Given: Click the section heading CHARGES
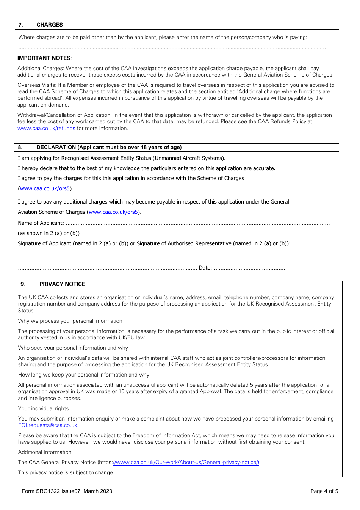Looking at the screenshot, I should point(49,25).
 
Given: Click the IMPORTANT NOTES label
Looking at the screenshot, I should point(44,58).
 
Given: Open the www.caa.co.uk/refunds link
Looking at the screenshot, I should point(46,128).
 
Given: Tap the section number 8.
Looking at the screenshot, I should point(20,147).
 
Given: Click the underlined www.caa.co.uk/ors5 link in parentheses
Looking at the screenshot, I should point(45,188).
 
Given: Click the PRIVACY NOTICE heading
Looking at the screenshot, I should point(62,284).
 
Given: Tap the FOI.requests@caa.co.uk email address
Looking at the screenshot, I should point(47,425).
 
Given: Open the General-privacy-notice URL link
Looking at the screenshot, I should point(186,462).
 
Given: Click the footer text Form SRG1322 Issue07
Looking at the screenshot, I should point(67,491).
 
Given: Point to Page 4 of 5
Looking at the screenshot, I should point(324,491).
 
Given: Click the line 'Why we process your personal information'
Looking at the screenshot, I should point(70,321).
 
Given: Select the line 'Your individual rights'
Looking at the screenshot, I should point(43,408).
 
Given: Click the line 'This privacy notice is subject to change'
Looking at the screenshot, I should point(65,472).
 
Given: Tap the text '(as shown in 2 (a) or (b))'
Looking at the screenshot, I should point(49,233).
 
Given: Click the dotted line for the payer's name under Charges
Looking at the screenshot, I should point(172,48).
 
